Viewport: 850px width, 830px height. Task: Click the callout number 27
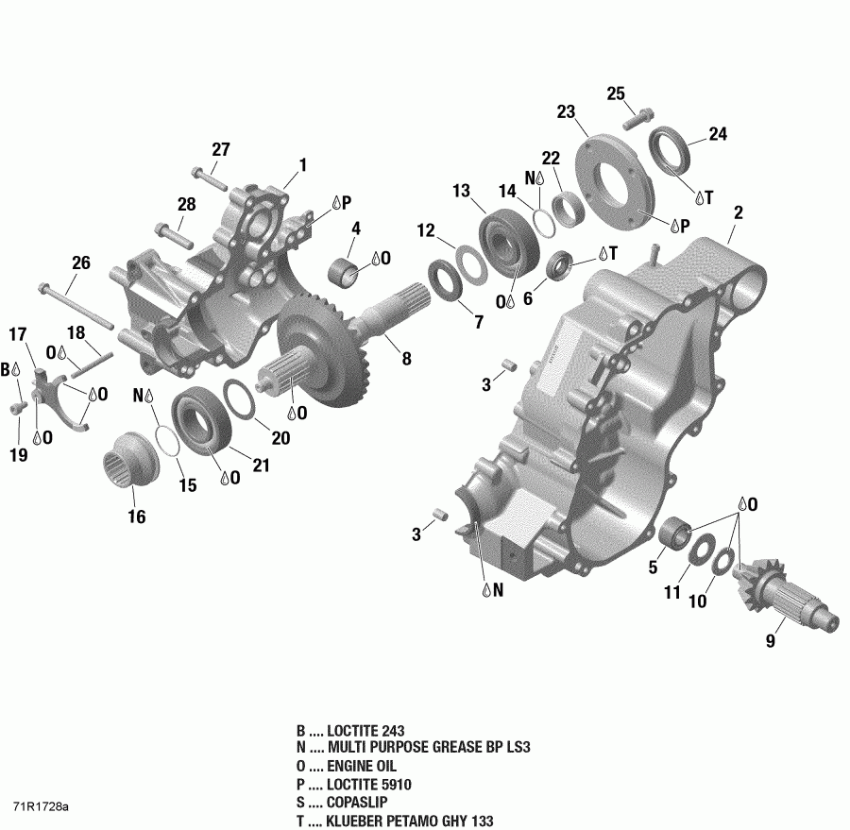pyautogui.click(x=220, y=149)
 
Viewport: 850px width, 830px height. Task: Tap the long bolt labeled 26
pyautogui.click(x=79, y=308)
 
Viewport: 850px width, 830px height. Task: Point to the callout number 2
pyautogui.click(x=739, y=212)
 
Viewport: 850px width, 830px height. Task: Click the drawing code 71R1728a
pyautogui.click(x=41, y=808)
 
